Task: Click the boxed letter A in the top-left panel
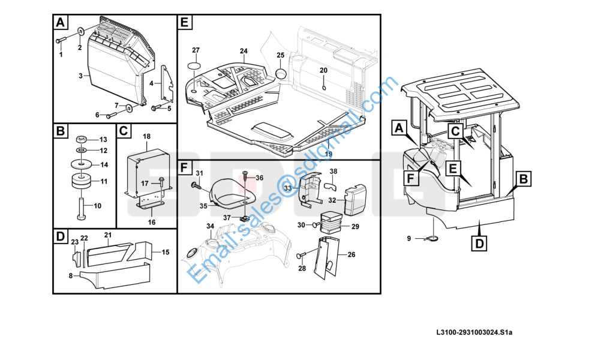[x=60, y=23]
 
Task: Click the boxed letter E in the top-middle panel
[x=185, y=23]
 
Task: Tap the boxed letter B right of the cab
[x=523, y=178]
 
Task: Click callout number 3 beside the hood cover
[x=80, y=76]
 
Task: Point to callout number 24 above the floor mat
[x=244, y=50]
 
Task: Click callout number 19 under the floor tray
[x=328, y=154]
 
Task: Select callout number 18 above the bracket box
[x=146, y=137]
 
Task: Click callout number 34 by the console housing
[x=210, y=226]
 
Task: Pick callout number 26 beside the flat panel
[x=351, y=254]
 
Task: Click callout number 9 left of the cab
[x=409, y=238]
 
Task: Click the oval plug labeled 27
[x=195, y=65]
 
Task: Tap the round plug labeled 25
[x=281, y=73]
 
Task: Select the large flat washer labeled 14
[x=80, y=164]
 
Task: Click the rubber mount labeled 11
[x=80, y=181]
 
